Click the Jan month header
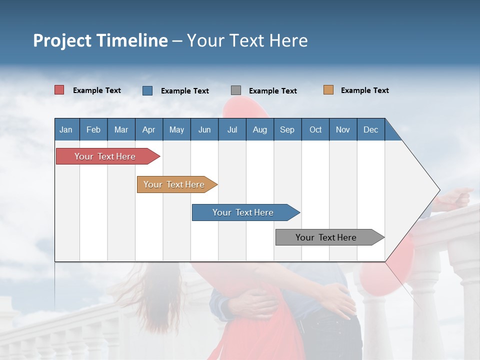pyautogui.click(x=66, y=129)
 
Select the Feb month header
pyautogui.click(x=93, y=129)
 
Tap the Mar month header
pyautogui.click(x=121, y=129)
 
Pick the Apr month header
pyautogui.click(x=149, y=129)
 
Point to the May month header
pyautogui.click(x=176, y=129)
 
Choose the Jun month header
pyautogui.click(x=204, y=129)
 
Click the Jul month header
pyautogui.click(x=232, y=129)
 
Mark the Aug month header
pyautogui.click(x=259, y=129)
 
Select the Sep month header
pyautogui.click(x=287, y=129)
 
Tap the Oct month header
pyautogui.click(x=315, y=129)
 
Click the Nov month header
pyautogui.click(x=343, y=129)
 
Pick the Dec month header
pyautogui.click(x=370, y=129)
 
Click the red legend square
pyautogui.click(x=59, y=90)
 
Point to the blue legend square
pyautogui.click(x=147, y=90)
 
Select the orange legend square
pyautogui.click(x=328, y=90)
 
